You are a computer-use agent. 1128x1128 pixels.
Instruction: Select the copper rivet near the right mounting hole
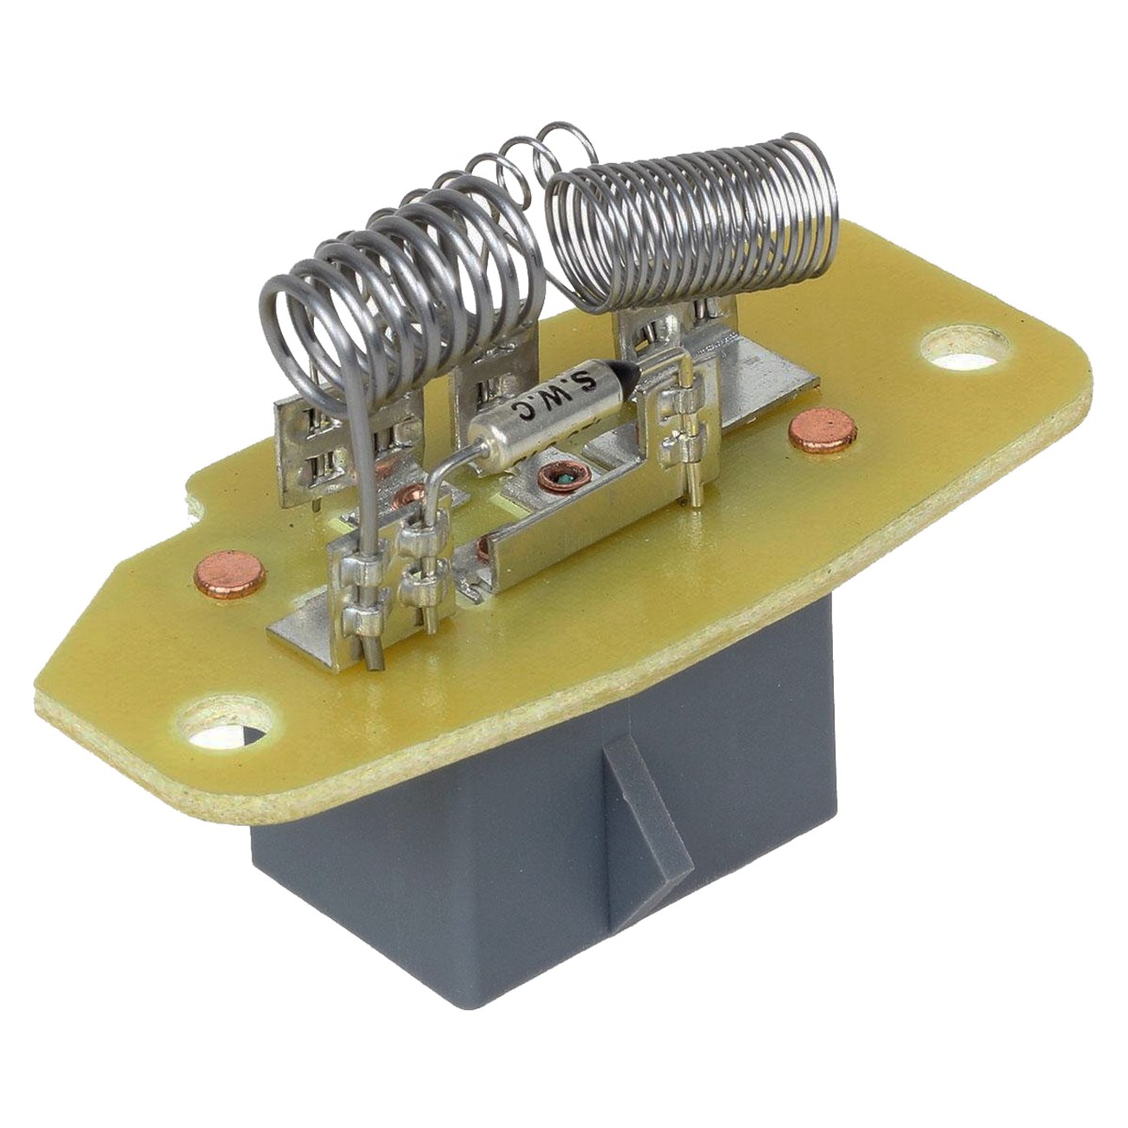click(823, 431)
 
